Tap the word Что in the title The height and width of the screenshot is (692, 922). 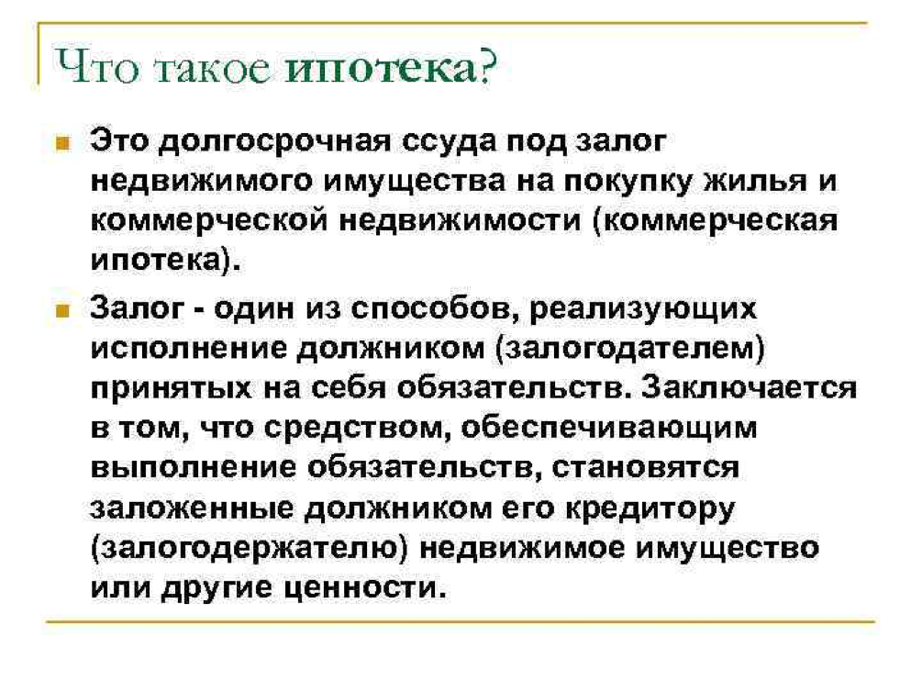point(97,66)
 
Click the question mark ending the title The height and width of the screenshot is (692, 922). point(487,65)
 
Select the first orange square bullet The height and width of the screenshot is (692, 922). point(62,143)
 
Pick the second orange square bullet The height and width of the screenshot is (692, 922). point(62,310)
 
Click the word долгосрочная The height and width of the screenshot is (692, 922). point(275,142)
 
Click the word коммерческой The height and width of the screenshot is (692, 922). point(209,221)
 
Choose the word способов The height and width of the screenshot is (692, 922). point(435,309)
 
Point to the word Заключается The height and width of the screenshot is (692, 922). point(749,388)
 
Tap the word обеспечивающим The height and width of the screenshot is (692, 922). point(608,429)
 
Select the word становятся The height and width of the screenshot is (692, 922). point(646,468)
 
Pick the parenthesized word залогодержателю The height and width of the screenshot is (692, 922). point(250,549)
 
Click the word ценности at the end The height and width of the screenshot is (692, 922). point(364,588)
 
